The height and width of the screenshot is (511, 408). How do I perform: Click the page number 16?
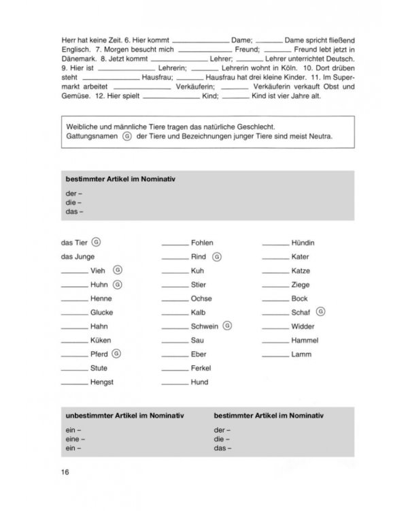[x=65, y=471]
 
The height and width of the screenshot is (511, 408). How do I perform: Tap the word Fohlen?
[x=202, y=243]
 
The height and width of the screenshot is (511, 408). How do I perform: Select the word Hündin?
[x=303, y=243]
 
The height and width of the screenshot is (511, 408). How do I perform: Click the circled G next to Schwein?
[x=227, y=326]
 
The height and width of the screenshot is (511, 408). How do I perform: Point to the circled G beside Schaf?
[x=321, y=312]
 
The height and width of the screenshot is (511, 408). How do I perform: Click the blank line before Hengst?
[x=74, y=384]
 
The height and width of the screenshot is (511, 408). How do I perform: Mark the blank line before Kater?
[x=275, y=258]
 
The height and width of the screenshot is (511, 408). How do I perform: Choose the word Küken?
[x=100, y=340]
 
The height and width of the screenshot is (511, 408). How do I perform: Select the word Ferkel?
[x=201, y=369]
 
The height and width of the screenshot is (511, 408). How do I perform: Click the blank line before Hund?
[x=175, y=384]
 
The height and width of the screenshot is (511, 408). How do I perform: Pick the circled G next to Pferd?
[x=116, y=354]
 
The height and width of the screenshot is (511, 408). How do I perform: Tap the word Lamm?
[x=301, y=354]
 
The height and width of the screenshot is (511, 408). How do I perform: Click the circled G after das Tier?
[x=97, y=242]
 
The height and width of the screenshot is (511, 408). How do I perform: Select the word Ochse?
[x=201, y=298]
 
